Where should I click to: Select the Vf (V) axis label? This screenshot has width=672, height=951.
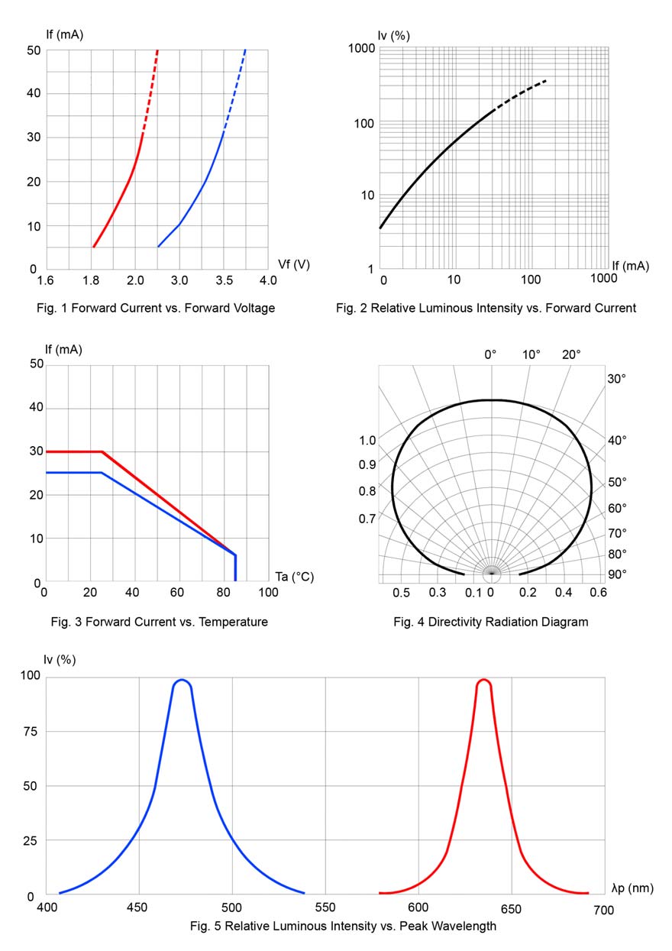[x=294, y=264]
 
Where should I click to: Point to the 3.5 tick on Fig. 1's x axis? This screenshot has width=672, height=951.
[x=224, y=281]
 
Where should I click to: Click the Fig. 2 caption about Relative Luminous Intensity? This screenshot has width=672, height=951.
[x=486, y=309]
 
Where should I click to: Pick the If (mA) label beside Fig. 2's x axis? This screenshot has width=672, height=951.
[x=630, y=266]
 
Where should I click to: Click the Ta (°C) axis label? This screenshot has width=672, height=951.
[x=294, y=577]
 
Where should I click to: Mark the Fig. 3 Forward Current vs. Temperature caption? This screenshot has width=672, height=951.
[x=155, y=622]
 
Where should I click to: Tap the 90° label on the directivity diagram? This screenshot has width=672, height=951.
[x=617, y=574]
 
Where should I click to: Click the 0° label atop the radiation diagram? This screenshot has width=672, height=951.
[x=491, y=354]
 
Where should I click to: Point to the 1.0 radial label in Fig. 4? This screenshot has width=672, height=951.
[x=367, y=441]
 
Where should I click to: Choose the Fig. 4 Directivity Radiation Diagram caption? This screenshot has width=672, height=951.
[x=491, y=622]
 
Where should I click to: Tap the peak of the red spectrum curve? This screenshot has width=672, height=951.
[x=483, y=680]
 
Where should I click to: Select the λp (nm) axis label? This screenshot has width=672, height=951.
[x=632, y=888]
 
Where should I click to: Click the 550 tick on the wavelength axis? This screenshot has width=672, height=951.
[x=325, y=910]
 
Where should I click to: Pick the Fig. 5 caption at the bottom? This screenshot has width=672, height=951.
[x=343, y=927]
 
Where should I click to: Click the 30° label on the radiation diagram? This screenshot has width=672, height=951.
[x=617, y=378]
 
